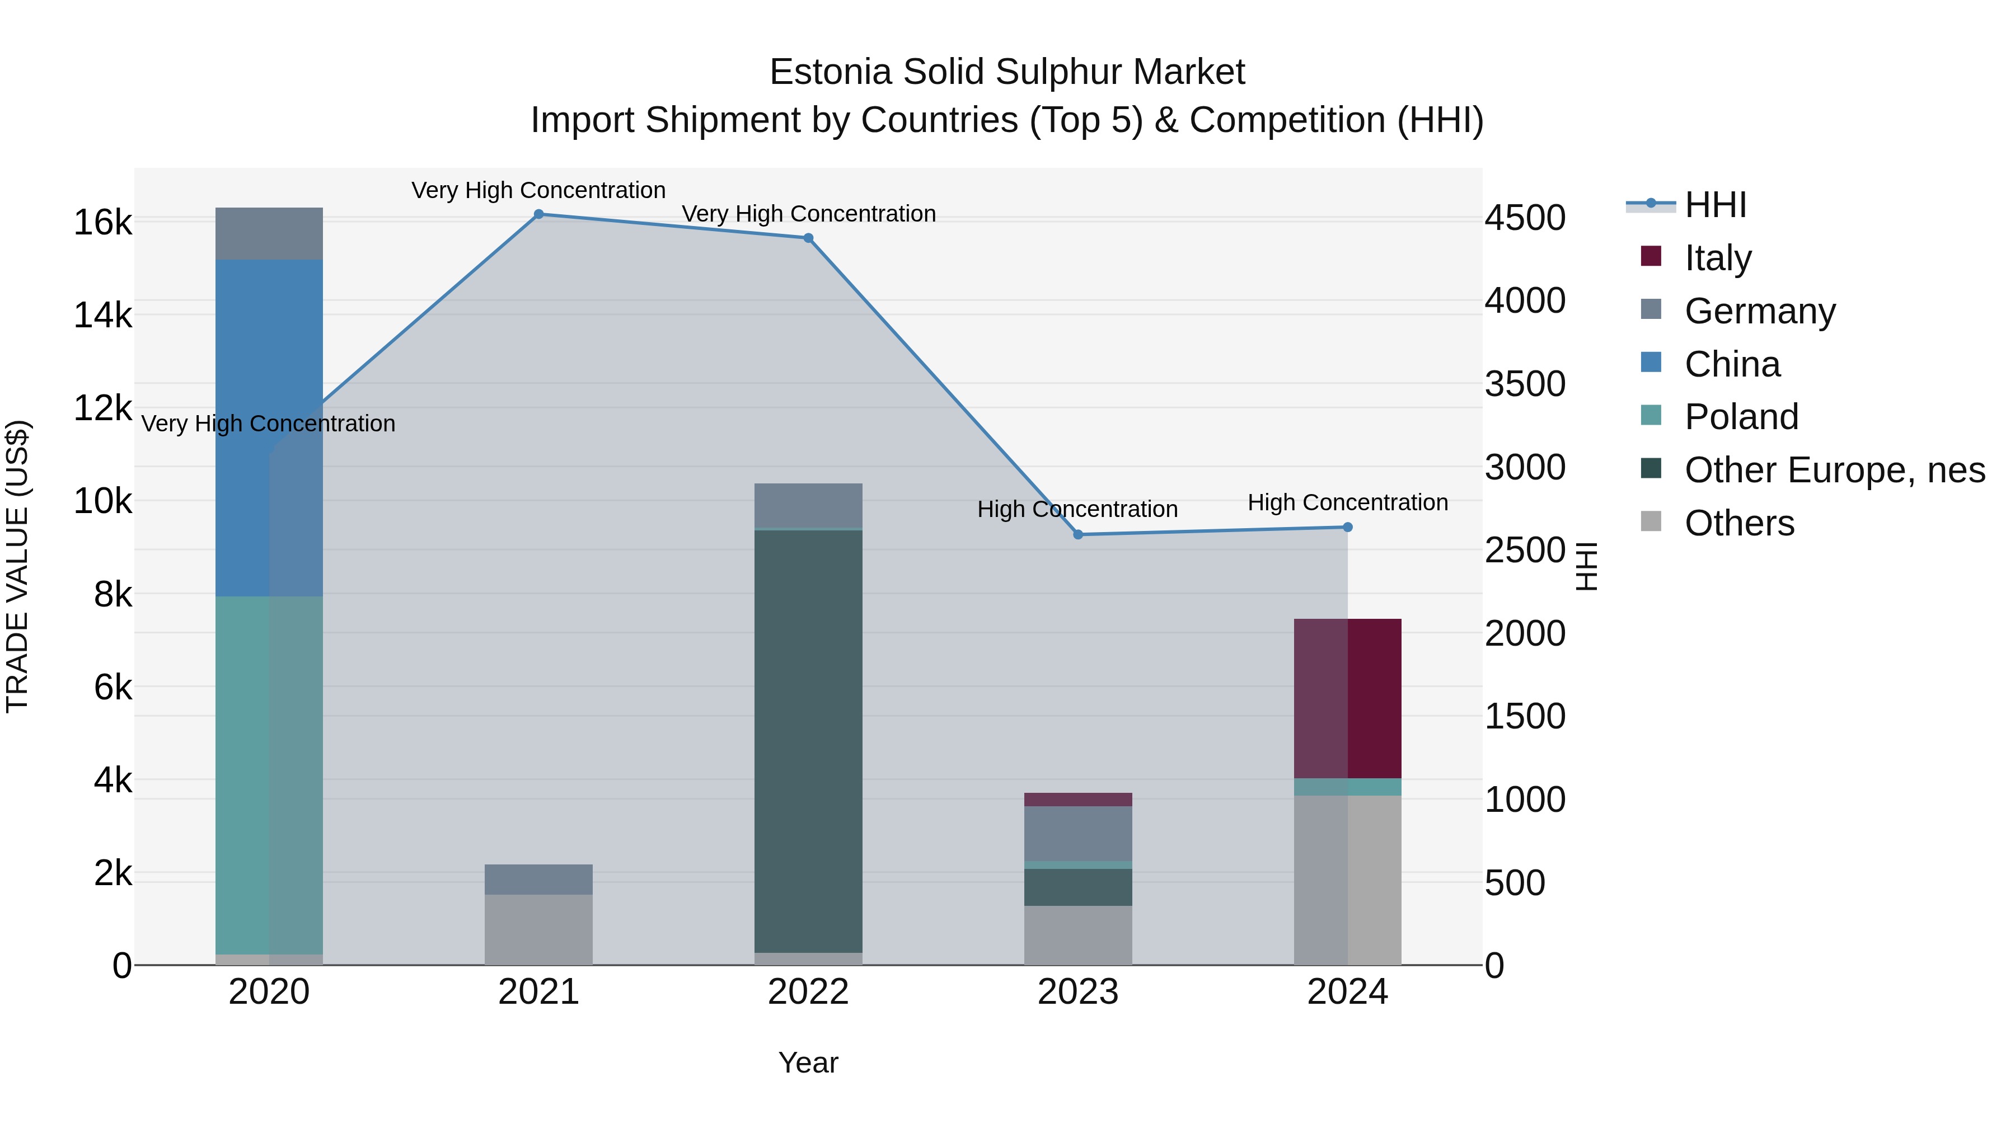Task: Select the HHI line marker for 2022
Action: [x=808, y=238]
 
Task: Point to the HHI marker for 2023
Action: [x=1078, y=535]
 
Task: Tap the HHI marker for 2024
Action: [x=1347, y=527]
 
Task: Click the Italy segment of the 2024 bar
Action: [x=1347, y=698]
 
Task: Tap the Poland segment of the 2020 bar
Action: [x=269, y=774]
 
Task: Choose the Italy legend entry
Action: [x=1717, y=258]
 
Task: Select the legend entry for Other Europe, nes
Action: [x=1834, y=470]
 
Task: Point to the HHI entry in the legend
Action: [x=1714, y=205]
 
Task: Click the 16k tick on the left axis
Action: [x=102, y=223]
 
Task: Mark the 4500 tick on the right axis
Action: [x=1525, y=218]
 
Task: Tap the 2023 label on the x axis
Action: [x=1078, y=992]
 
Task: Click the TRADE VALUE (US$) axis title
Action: [x=18, y=566]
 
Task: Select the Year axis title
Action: [x=808, y=1063]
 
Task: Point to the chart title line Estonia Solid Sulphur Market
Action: [x=1007, y=72]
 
